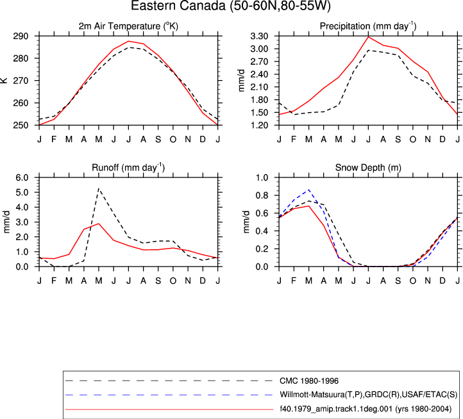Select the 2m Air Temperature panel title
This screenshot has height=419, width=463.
click(128, 26)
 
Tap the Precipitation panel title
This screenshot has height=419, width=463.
click(368, 26)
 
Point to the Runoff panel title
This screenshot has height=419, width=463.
click(128, 168)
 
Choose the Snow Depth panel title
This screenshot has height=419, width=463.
click(368, 168)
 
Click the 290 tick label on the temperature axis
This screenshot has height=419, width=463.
click(21, 37)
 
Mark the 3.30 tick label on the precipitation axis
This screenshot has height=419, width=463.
click(259, 37)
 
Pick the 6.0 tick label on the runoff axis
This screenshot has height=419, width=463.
click(22, 177)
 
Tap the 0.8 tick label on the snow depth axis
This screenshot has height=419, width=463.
click(262, 195)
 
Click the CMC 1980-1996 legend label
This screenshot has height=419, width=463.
click(309, 381)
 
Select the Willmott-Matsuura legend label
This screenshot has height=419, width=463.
click(368, 395)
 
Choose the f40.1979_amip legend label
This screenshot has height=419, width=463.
click(366, 409)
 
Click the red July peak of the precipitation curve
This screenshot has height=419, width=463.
click(368, 37)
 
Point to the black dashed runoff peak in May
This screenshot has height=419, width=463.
click(99, 188)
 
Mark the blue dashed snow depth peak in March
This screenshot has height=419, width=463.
click(309, 190)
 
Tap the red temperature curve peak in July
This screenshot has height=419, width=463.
click(128, 41)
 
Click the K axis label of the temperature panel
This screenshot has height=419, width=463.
click(4, 80)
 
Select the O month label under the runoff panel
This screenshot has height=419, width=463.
click(173, 281)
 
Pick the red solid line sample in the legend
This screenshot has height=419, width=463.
click(169, 409)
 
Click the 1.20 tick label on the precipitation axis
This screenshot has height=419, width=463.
click(259, 126)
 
